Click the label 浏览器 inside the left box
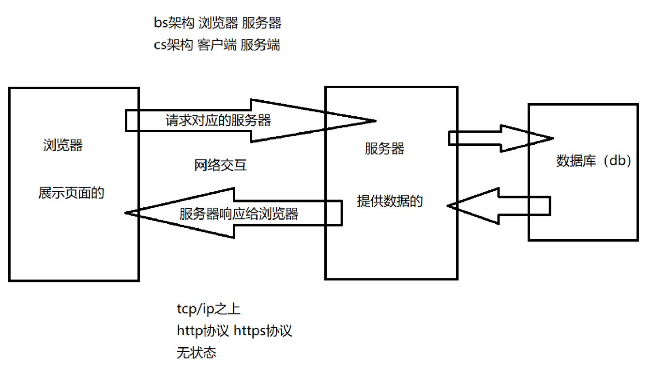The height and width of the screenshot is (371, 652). tap(63, 145)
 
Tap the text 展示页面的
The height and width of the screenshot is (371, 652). tap(71, 193)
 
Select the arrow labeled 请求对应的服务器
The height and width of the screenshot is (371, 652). tap(218, 120)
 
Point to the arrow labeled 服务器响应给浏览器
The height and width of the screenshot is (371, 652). tap(238, 213)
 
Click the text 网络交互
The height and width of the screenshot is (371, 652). tap(220, 165)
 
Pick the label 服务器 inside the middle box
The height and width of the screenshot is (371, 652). tap(384, 148)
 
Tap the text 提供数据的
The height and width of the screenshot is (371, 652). tap(390, 201)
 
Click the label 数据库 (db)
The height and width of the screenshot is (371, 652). tap(593, 161)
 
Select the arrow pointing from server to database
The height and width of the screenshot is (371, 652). tap(499, 138)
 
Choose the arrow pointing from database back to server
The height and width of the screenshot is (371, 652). tap(499, 205)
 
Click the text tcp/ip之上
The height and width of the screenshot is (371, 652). tap(208, 309)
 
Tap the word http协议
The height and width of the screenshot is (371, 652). tap(202, 331)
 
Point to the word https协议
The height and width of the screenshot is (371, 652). tap(263, 331)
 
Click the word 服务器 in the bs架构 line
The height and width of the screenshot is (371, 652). tap(261, 23)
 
